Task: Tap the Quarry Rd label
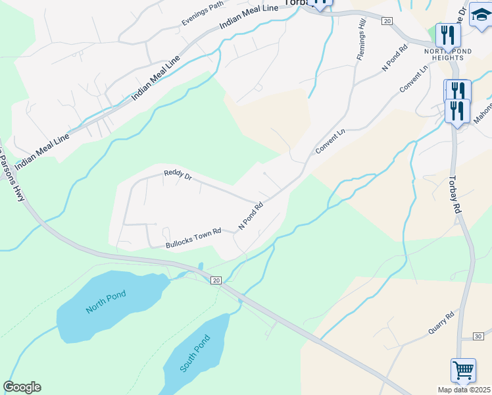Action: click(x=441, y=324)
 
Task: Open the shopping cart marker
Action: click(x=463, y=370)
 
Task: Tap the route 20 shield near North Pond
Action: click(x=216, y=280)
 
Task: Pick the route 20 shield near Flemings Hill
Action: click(x=387, y=21)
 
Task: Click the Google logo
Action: click(x=22, y=387)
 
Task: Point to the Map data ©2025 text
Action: click(x=464, y=390)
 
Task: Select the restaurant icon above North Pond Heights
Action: click(x=445, y=34)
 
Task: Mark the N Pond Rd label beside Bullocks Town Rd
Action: click(x=251, y=215)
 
